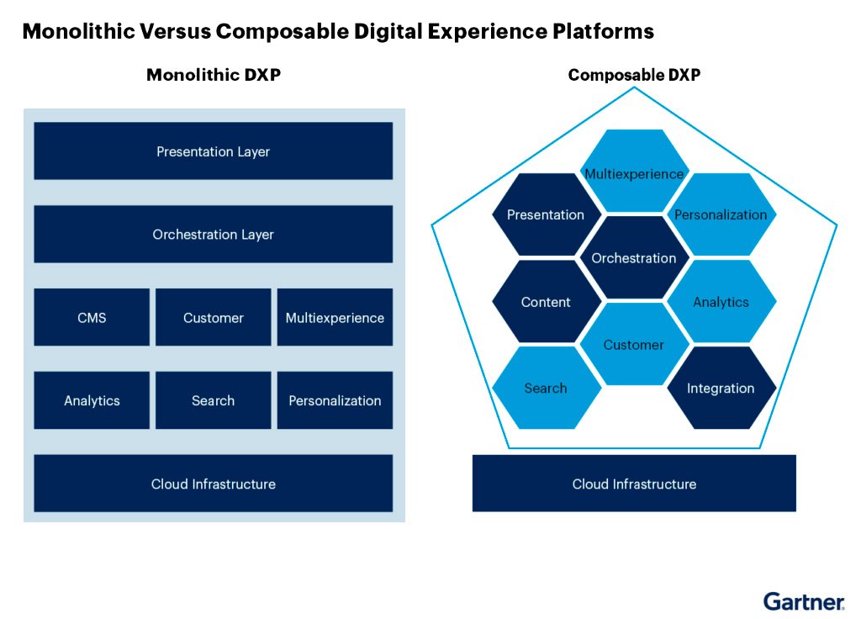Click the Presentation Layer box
point(213,151)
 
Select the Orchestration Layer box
point(213,235)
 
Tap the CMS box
point(92,318)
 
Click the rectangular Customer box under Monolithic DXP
point(213,318)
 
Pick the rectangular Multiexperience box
point(335,318)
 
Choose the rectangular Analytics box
point(92,400)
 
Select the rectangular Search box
point(213,400)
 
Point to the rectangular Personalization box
point(335,400)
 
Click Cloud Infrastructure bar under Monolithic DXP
point(213,484)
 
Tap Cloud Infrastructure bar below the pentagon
point(634,484)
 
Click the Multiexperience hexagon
point(634,172)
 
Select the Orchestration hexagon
point(634,258)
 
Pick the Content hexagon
point(546,302)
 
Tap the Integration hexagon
point(721,388)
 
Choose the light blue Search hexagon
point(546,388)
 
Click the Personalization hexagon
point(721,214)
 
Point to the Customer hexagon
point(634,345)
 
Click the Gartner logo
point(804,601)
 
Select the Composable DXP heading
point(634,75)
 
